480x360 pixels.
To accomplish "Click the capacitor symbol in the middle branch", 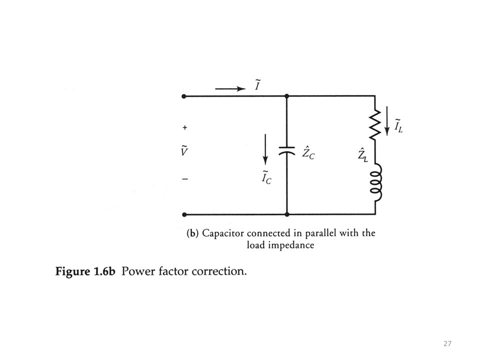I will [x=286, y=151].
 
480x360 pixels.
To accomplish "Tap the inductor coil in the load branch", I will [x=375, y=182].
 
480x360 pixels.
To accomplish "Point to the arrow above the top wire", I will [x=230, y=89].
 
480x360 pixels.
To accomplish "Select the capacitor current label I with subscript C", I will [x=266, y=177].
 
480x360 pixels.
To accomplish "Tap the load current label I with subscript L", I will [x=398, y=126].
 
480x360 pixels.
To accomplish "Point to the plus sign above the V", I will [x=184, y=128].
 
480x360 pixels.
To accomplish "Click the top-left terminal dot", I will [x=184, y=96].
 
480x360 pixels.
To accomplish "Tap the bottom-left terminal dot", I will [x=184, y=214].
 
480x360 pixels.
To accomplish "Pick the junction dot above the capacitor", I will [x=286, y=96].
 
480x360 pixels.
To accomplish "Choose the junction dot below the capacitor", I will [x=286, y=214].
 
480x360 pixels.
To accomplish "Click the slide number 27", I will [x=447, y=343].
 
